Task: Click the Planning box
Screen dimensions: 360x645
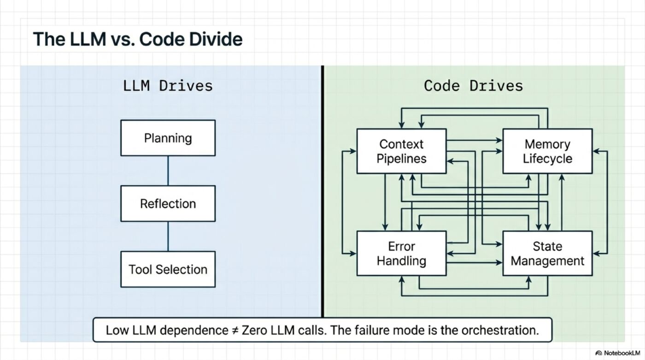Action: [168, 138]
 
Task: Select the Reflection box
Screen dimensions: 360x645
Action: [168, 204]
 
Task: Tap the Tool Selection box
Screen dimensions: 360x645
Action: [168, 269]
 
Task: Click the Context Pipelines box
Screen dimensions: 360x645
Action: [401, 151]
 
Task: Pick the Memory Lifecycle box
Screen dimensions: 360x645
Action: [547, 151]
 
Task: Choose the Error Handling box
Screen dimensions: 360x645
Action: [401, 254]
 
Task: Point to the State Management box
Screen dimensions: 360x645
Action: [547, 254]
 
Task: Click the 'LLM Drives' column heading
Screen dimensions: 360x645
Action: [168, 86]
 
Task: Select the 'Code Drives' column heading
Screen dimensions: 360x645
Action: [473, 86]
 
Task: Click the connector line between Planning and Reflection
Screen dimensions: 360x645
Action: [168, 171]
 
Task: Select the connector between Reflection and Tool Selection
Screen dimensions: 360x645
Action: [168, 236]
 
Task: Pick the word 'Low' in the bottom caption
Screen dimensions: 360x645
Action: [117, 330]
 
